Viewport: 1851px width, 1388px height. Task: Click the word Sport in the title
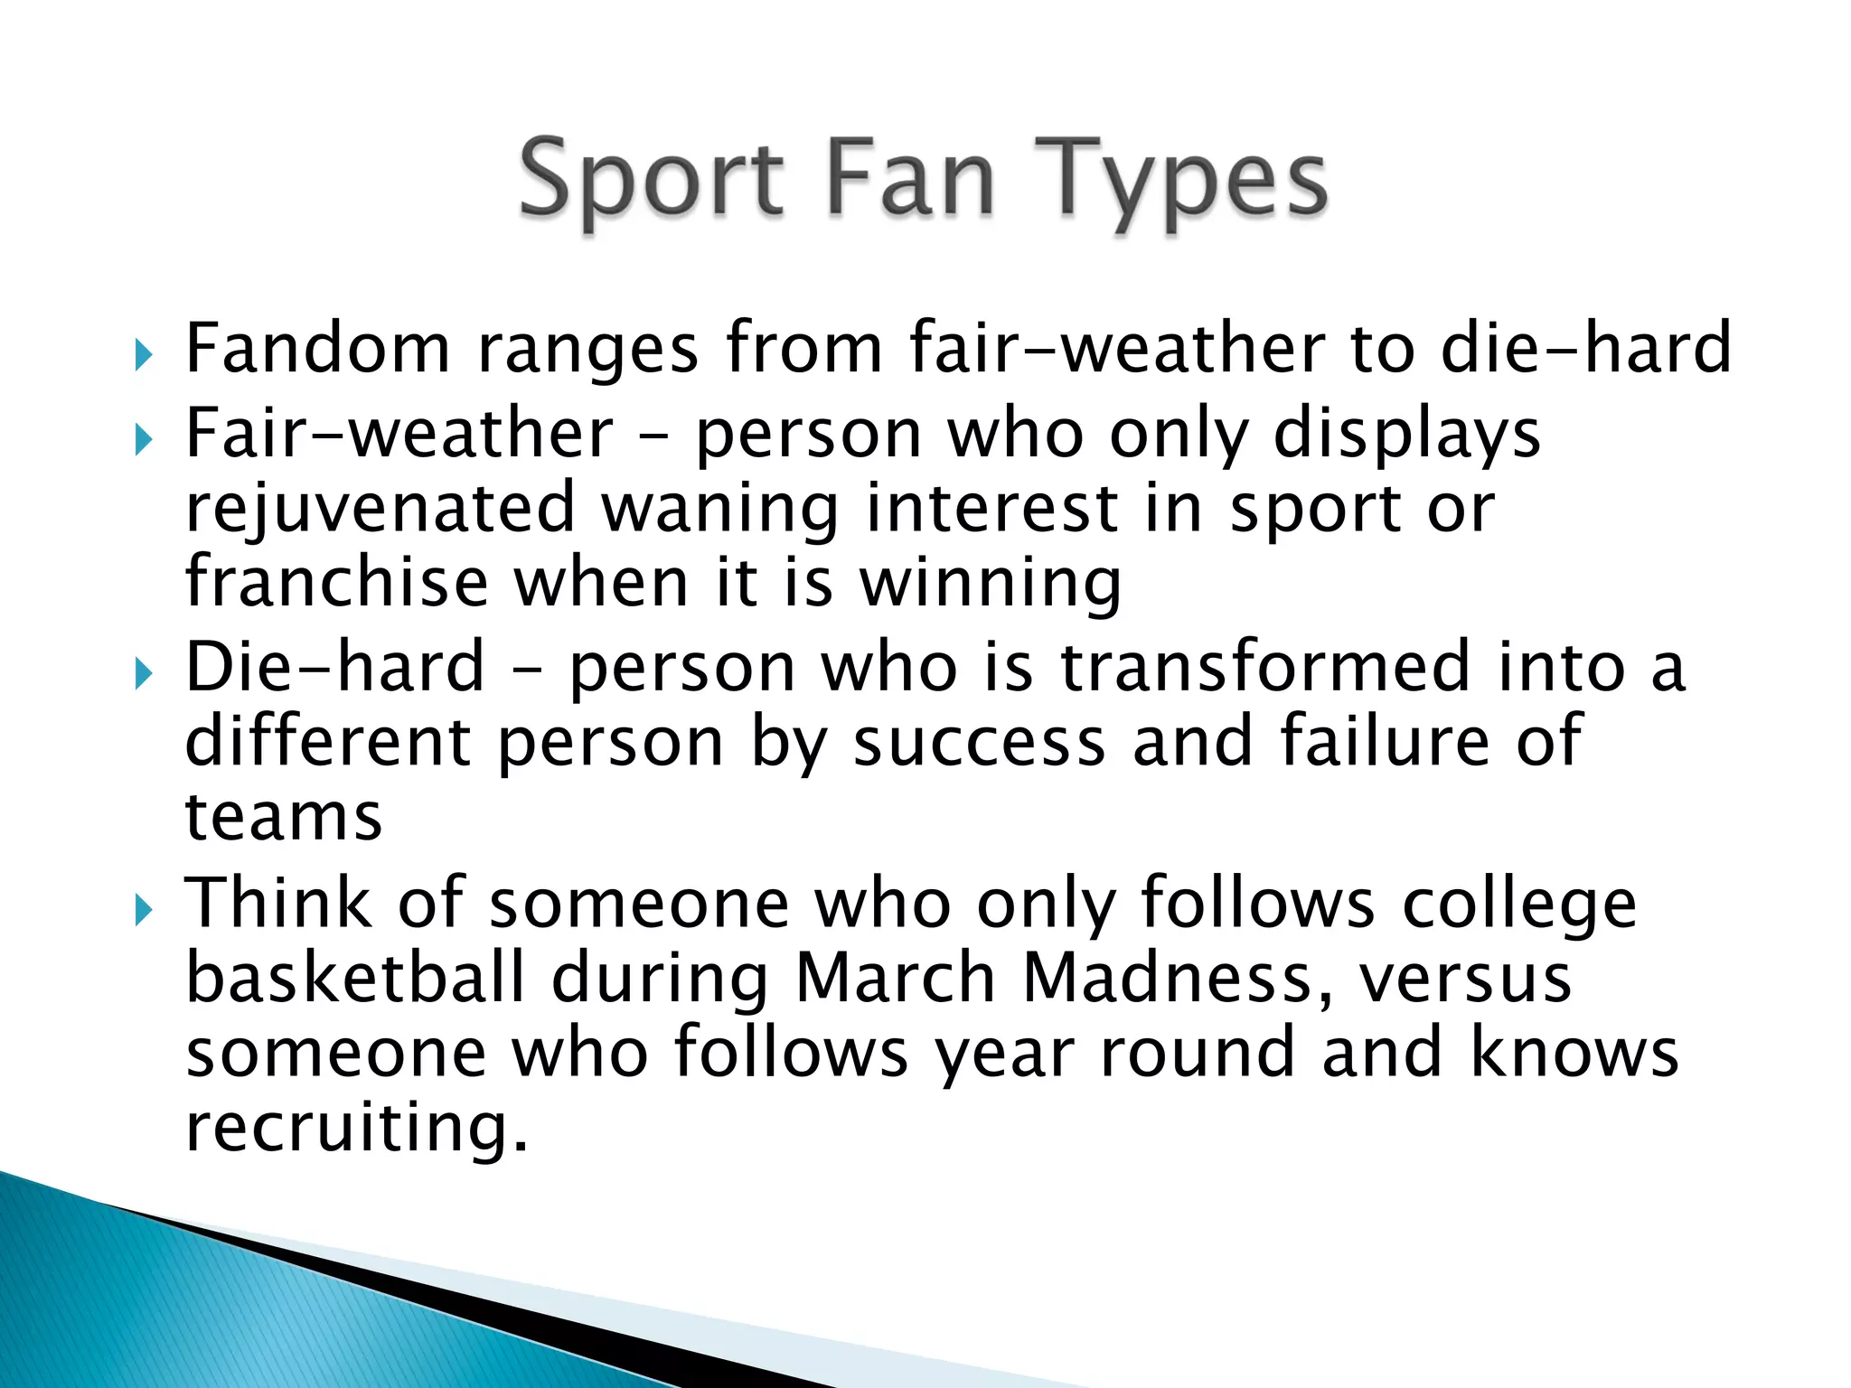coord(651,181)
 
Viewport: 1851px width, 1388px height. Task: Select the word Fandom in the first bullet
coord(317,348)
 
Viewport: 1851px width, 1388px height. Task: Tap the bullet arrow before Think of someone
coord(143,910)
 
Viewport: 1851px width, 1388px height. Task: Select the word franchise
coord(336,582)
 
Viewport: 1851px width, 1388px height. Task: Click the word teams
coord(284,817)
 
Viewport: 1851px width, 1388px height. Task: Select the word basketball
coord(355,979)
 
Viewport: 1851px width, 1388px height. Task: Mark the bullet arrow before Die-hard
coord(143,674)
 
